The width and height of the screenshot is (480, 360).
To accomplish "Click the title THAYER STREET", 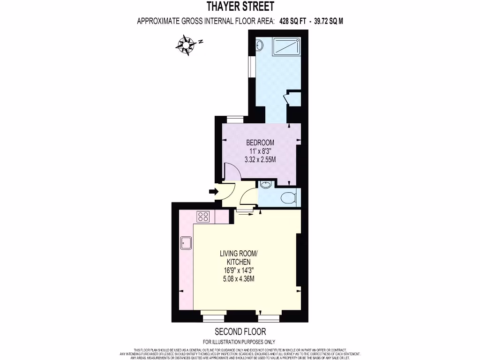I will click(x=240, y=7).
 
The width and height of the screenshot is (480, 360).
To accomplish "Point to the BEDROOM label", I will click(x=260, y=142).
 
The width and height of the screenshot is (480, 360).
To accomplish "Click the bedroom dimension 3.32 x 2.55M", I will click(x=260, y=159).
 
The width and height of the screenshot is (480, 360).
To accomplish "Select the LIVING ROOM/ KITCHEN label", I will click(x=239, y=257).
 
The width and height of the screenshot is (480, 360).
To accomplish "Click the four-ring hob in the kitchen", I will click(x=203, y=216).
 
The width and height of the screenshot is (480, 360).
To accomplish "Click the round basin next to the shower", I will click(x=259, y=45).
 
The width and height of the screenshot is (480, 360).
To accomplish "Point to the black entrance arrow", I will click(x=213, y=191).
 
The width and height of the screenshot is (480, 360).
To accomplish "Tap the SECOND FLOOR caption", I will click(x=239, y=331).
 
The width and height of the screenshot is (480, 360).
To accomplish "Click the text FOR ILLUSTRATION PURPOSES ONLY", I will click(x=239, y=342).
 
